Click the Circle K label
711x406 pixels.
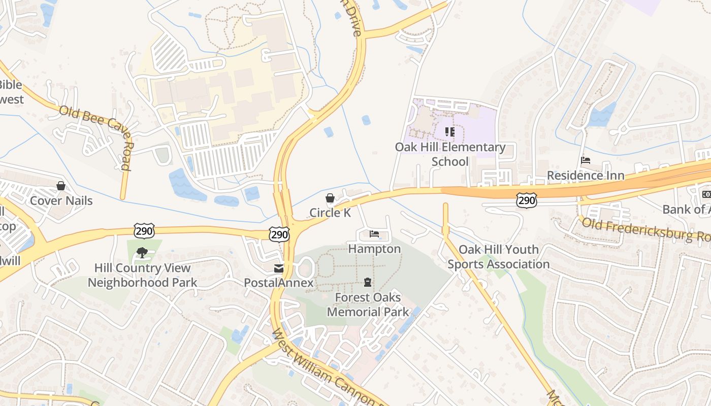(330, 213)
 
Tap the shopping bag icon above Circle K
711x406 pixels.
(330, 198)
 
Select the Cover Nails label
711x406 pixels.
(61, 200)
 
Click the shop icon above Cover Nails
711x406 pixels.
(61, 186)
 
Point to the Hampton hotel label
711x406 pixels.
(374, 249)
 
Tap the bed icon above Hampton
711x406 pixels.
(374, 234)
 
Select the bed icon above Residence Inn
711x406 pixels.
(586, 160)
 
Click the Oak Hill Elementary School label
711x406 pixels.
(450, 154)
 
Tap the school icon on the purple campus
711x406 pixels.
(449, 132)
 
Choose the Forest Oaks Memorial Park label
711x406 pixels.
(368, 304)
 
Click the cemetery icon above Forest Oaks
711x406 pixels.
(367, 282)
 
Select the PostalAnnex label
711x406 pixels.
(278, 283)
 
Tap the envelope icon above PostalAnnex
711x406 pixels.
(279, 268)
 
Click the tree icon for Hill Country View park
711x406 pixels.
(142, 252)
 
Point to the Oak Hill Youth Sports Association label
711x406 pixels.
(498, 257)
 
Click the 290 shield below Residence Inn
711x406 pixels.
(527, 200)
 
